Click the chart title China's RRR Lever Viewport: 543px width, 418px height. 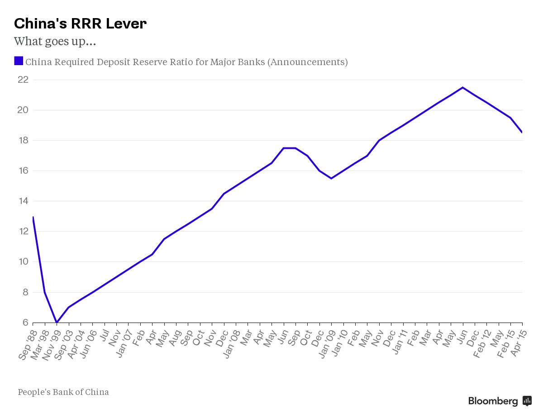[x=80, y=24]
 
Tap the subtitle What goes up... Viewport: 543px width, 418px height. [x=55, y=42]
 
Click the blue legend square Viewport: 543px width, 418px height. [x=19, y=61]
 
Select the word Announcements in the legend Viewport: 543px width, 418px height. [x=308, y=62]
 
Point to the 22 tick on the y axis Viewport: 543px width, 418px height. [x=23, y=80]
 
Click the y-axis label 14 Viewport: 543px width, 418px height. [x=23, y=201]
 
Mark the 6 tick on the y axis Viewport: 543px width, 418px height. [x=25, y=323]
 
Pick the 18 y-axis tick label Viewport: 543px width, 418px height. [x=23, y=140]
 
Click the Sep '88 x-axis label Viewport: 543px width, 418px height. [x=28, y=346]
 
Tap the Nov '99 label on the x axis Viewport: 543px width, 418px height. [x=52, y=346]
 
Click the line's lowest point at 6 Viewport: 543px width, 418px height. [x=57, y=322]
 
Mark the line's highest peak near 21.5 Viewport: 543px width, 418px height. [x=462, y=87]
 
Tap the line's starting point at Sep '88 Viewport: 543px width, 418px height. [x=33, y=217]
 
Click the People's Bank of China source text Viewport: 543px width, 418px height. [x=63, y=392]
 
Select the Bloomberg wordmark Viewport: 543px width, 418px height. [x=493, y=401]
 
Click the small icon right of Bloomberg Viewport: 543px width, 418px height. [x=527, y=401]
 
